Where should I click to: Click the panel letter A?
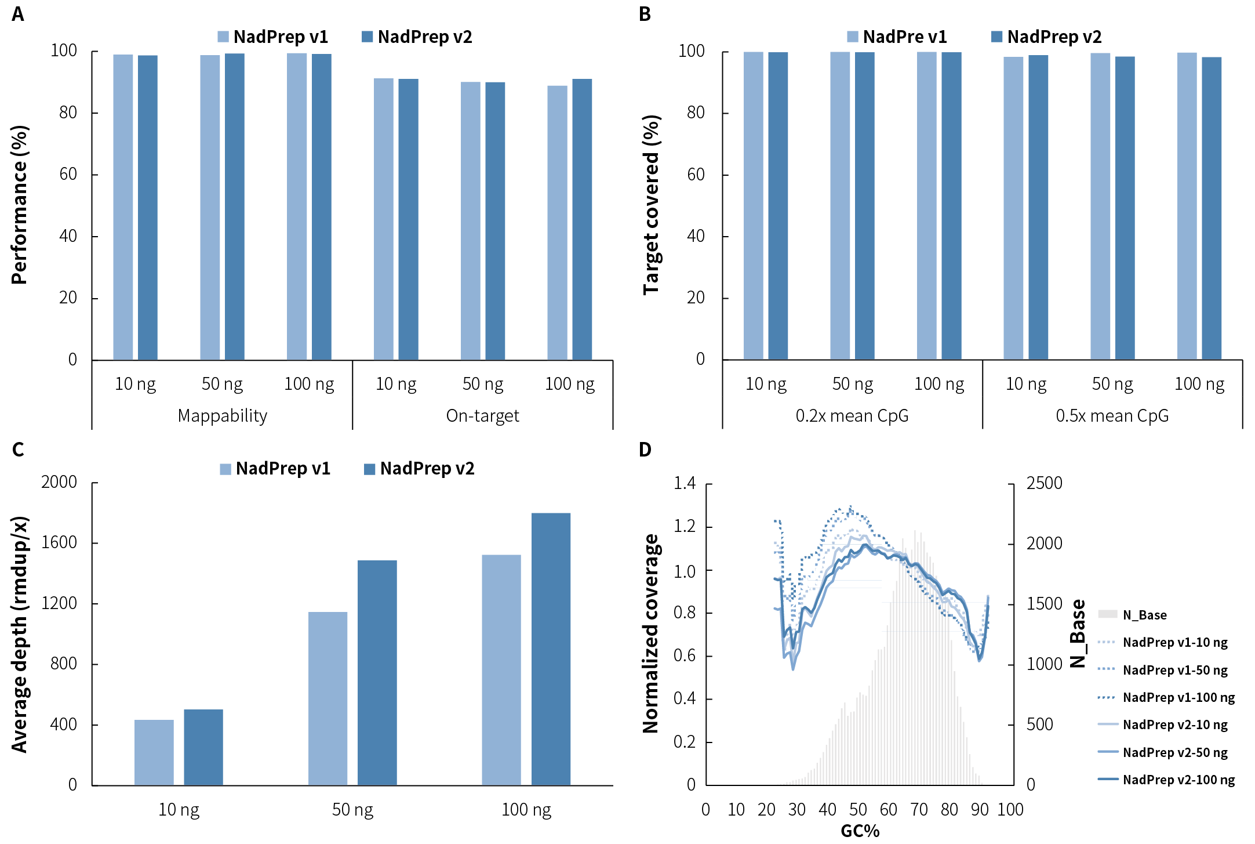click(17, 14)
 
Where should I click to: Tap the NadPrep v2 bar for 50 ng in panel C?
click(377, 672)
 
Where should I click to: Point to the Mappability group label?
click(222, 416)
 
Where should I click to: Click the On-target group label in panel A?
click(482, 416)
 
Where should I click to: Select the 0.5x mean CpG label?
click(1112, 416)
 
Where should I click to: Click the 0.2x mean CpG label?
click(852, 416)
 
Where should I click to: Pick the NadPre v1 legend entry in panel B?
click(897, 37)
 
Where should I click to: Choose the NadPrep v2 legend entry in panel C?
click(419, 469)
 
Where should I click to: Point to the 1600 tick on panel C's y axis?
click(59, 542)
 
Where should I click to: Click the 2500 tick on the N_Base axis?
click(1044, 483)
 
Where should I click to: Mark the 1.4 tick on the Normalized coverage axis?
click(685, 483)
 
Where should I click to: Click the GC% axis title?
click(860, 831)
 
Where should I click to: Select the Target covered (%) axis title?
click(652, 205)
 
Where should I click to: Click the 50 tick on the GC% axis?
click(858, 810)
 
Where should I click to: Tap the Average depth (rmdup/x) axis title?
click(20, 635)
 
